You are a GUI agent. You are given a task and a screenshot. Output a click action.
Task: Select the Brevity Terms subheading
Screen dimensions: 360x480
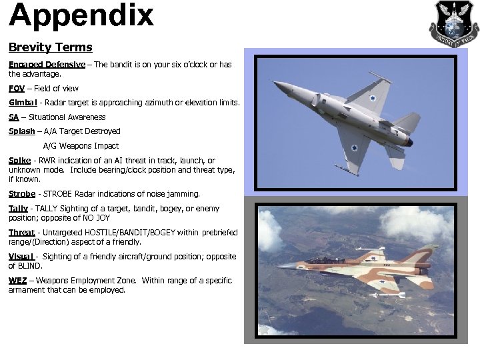[x=50, y=47]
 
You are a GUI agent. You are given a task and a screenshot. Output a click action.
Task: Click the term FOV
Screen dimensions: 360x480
[x=17, y=89]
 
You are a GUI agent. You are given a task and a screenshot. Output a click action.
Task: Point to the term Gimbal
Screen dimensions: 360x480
[x=23, y=103]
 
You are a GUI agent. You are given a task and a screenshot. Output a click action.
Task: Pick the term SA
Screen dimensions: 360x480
[x=13, y=117]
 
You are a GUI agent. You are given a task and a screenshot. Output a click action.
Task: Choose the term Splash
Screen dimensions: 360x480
[x=21, y=131]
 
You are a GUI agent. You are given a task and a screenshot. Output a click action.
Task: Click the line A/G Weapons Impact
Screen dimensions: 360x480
[x=81, y=146]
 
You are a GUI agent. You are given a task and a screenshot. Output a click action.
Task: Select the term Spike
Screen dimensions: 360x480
[x=20, y=161]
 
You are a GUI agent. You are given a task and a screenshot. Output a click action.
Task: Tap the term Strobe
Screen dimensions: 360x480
[x=22, y=194]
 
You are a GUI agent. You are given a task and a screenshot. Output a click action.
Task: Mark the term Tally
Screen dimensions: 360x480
[x=18, y=209]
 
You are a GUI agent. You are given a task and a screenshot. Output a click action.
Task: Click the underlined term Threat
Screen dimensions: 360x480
[x=21, y=233]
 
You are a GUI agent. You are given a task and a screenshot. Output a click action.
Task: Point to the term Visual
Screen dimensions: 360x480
[x=21, y=257]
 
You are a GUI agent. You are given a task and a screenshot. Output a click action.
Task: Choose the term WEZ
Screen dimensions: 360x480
[x=17, y=281]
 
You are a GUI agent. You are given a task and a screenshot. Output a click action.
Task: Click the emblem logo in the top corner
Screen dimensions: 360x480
[x=453, y=23]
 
